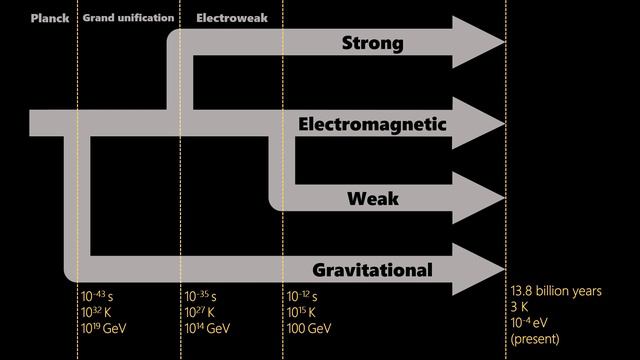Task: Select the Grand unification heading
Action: (x=128, y=18)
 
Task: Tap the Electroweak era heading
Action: (x=224, y=18)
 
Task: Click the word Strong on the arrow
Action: (x=372, y=44)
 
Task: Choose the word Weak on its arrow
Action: (x=373, y=198)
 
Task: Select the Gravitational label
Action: (x=372, y=270)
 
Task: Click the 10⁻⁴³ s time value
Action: (x=99, y=297)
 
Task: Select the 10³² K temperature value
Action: (x=99, y=312)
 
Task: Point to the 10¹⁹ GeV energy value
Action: (x=105, y=328)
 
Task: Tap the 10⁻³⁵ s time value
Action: (x=202, y=297)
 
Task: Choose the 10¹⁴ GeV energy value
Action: (x=209, y=328)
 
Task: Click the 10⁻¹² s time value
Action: (x=303, y=297)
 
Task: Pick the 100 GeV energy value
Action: (x=310, y=328)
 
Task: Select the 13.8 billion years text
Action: (x=556, y=291)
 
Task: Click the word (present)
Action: (x=536, y=339)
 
